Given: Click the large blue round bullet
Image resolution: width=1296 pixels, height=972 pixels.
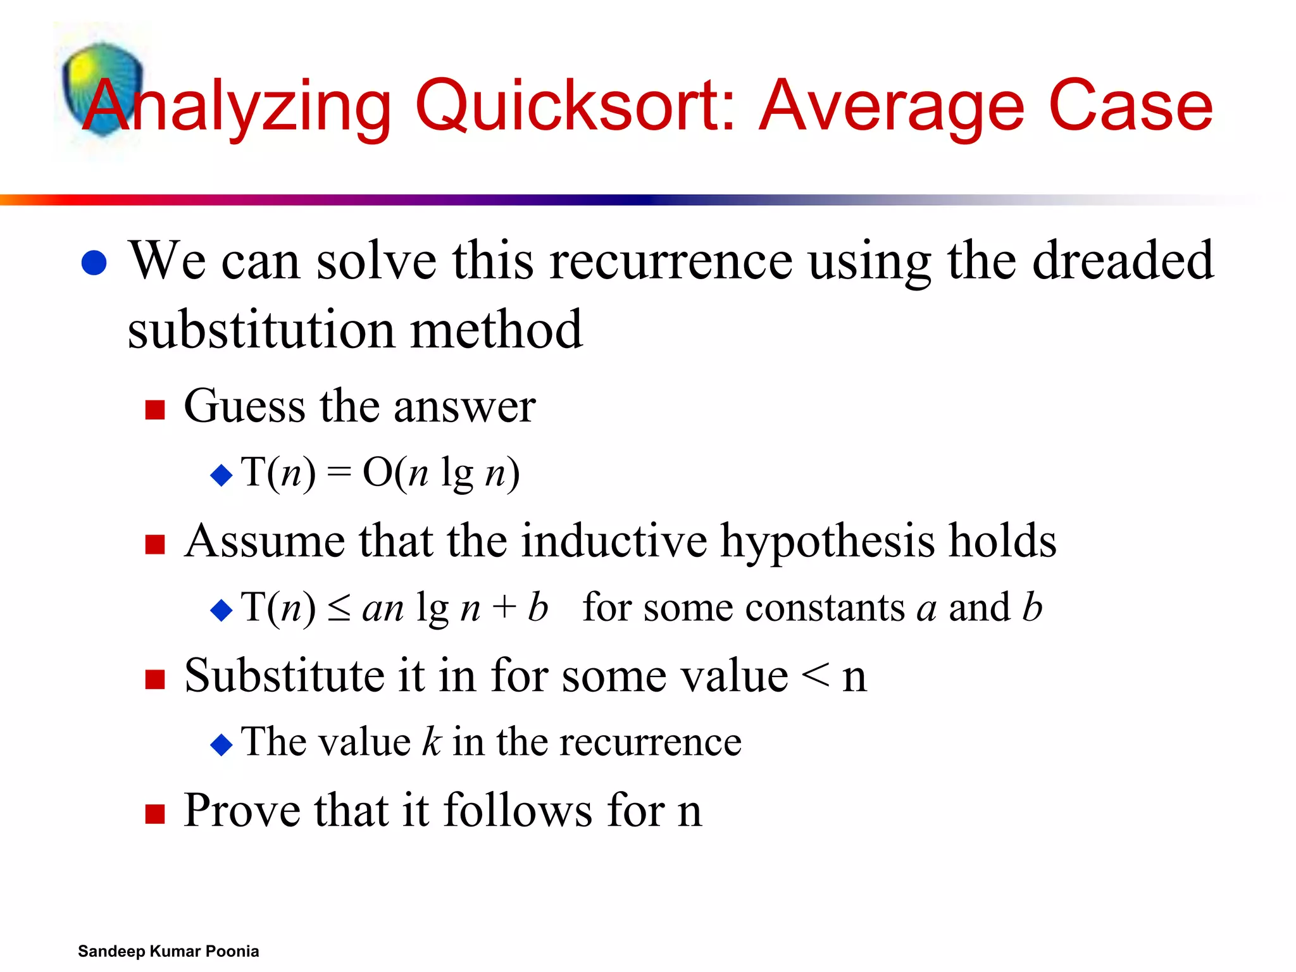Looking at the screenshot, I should (x=94, y=263).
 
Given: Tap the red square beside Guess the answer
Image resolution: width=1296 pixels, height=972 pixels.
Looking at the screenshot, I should (x=155, y=410).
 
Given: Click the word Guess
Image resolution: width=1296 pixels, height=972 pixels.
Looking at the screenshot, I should (x=244, y=406).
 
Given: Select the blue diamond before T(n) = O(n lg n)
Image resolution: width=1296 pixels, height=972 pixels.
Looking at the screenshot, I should (x=221, y=475).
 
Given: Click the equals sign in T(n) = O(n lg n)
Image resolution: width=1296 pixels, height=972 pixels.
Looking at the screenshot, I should (x=339, y=473).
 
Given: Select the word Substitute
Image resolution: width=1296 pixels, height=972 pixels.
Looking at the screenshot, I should (x=284, y=675).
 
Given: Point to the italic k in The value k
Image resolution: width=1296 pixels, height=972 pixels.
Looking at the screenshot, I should (x=431, y=741).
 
